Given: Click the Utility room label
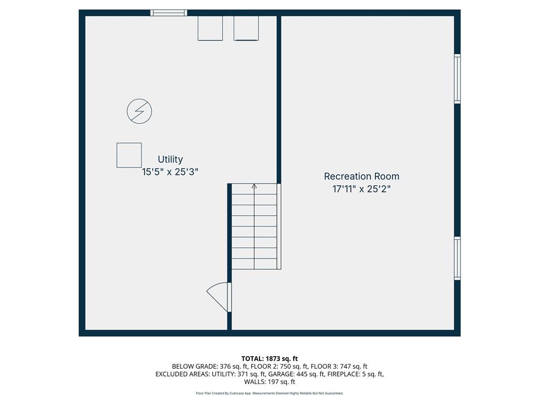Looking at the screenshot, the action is (170, 159).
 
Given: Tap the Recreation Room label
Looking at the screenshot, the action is (362, 176).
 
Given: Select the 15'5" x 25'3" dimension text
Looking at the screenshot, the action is (170, 172).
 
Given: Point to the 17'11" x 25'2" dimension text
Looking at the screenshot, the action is (362, 189).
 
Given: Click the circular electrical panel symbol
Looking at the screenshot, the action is (139, 112).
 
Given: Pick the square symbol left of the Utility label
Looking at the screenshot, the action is (129, 155).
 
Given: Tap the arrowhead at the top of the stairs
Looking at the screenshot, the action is (254, 186).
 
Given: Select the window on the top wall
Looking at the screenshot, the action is (169, 13).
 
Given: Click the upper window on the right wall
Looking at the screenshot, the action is (457, 79).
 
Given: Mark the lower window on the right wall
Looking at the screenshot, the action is (457, 258).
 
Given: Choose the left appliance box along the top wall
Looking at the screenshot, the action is (210, 28).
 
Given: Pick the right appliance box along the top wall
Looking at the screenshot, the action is (246, 28).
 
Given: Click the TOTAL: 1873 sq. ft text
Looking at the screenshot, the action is (269, 359).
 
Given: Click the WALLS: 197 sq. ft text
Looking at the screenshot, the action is (269, 382).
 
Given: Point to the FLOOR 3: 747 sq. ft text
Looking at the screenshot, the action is (339, 367).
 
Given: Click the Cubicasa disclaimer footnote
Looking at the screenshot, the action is (269, 393).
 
